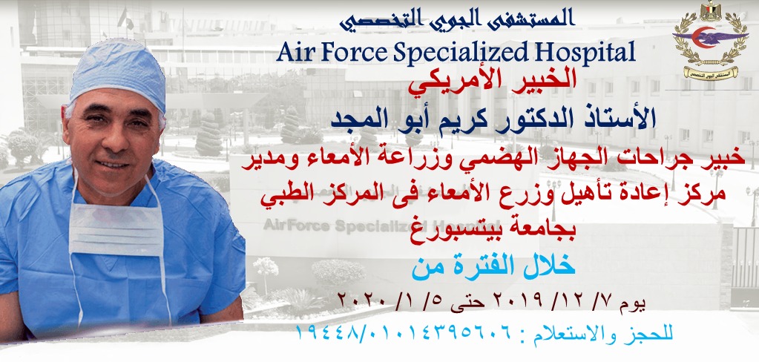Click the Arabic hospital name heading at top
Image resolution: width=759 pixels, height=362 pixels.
456,20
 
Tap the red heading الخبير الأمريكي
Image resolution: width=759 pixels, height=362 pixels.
493,81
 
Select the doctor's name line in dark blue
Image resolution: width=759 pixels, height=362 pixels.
493,119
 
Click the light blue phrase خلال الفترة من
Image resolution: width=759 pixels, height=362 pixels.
493,266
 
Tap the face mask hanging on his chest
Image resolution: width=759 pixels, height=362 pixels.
116,228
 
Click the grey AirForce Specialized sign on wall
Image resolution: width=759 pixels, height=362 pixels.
341,226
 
